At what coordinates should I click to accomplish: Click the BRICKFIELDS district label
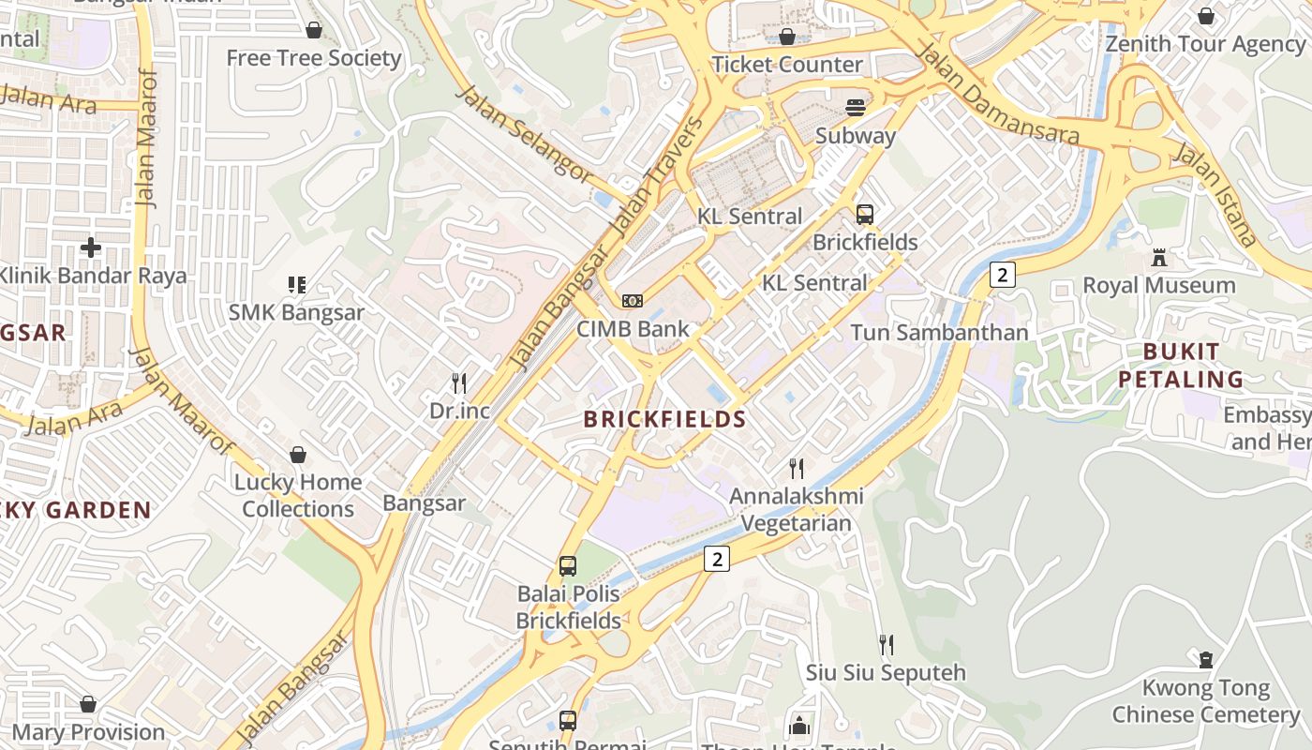[x=664, y=419]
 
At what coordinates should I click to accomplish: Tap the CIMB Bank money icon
[x=633, y=301]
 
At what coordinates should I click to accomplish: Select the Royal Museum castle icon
[x=1159, y=258]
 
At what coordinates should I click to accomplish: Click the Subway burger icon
[x=856, y=108]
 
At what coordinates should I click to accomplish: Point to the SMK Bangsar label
[x=295, y=312]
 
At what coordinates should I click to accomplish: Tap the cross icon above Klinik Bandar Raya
[x=91, y=247]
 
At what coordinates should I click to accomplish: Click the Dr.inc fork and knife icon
[x=459, y=382]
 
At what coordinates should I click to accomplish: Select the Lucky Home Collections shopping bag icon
[x=298, y=455]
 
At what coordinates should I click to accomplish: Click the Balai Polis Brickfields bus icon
[x=568, y=566]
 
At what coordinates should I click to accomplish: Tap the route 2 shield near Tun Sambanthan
[x=1003, y=275]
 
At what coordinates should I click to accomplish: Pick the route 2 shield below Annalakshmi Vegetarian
[x=717, y=559]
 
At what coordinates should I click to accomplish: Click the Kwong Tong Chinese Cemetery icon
[x=1205, y=660]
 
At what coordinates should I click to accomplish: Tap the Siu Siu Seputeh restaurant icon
[x=886, y=644]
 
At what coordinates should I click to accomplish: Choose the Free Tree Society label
[x=314, y=58]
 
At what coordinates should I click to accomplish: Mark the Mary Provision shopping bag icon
[x=88, y=704]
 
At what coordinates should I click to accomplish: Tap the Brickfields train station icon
[x=864, y=215]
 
